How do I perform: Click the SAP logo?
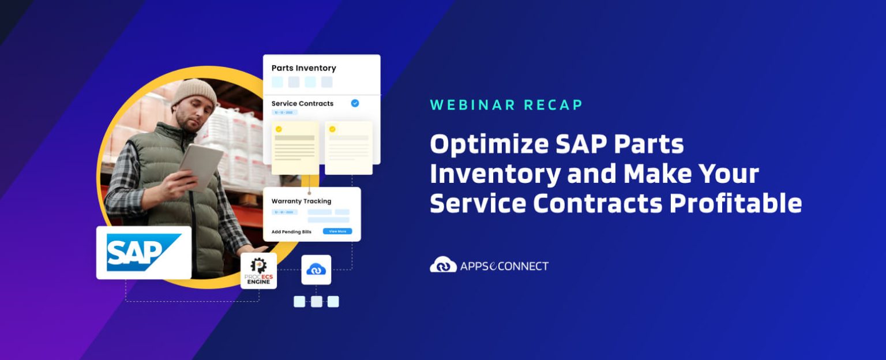(x=144, y=253)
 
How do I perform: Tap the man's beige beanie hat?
(x=194, y=93)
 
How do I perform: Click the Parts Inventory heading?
(x=303, y=68)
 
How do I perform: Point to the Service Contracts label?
(x=302, y=104)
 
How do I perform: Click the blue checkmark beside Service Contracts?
(x=355, y=103)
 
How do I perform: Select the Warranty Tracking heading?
(x=301, y=201)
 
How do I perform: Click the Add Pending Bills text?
(x=291, y=231)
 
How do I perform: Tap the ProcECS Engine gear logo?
(x=258, y=271)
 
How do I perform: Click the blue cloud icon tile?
(x=316, y=269)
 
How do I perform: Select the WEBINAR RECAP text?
(x=506, y=105)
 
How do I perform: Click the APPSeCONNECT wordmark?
(x=504, y=266)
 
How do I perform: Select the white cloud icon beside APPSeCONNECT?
(x=443, y=265)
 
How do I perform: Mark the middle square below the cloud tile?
(x=316, y=301)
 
